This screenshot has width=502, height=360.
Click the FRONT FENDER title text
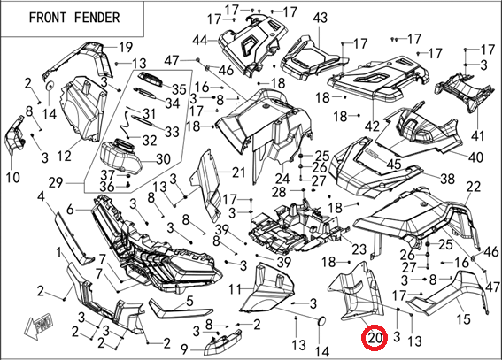[74, 18]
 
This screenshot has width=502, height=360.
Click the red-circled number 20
[375, 338]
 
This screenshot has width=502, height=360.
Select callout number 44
[201, 41]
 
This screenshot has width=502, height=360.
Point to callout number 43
[320, 18]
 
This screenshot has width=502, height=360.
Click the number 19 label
[126, 47]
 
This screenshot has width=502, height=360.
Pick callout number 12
[64, 156]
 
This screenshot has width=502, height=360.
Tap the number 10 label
[12, 178]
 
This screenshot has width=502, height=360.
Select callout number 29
[56, 183]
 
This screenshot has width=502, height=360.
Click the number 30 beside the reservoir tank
[162, 159]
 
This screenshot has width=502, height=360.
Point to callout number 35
[178, 89]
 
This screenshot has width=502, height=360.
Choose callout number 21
[238, 172]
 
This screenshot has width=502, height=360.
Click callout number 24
[282, 180]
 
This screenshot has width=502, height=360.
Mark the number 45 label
[393, 164]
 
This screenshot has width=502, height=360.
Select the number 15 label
[463, 318]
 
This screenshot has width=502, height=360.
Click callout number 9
[184, 349]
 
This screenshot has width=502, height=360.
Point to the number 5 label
[189, 301]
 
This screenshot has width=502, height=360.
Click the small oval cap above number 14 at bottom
[322, 322]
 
